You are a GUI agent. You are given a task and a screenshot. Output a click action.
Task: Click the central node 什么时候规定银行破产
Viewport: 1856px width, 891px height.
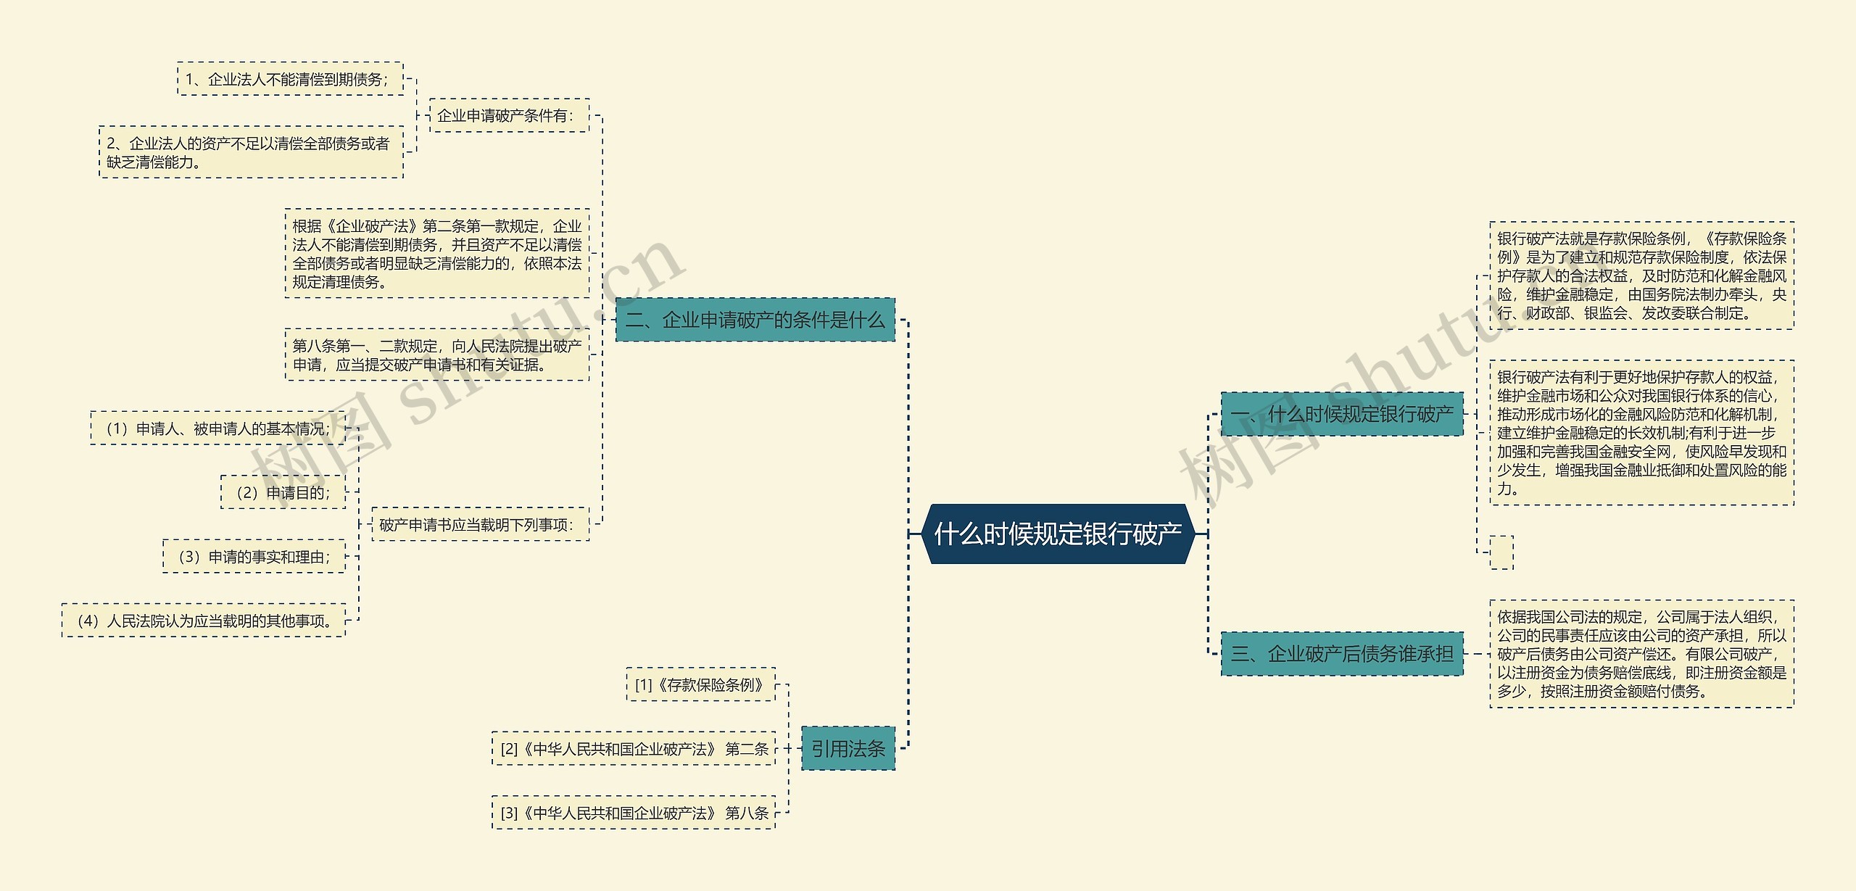tap(1058, 534)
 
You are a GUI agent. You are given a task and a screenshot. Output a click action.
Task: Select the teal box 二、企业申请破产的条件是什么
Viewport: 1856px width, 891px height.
tap(755, 320)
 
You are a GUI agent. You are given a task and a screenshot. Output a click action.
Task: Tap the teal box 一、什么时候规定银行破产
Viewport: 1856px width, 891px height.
tap(1342, 414)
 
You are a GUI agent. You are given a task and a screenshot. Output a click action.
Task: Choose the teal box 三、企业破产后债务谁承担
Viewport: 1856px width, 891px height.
tap(1342, 654)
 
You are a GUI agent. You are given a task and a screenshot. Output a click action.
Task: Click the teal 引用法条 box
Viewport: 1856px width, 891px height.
tap(848, 748)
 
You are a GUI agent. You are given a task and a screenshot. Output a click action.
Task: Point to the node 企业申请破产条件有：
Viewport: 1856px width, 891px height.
tap(509, 115)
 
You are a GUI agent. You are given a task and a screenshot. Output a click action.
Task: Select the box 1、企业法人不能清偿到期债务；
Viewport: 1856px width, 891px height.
tap(290, 79)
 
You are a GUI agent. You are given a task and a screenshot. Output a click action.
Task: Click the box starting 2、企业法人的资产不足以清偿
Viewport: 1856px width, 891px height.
tap(251, 152)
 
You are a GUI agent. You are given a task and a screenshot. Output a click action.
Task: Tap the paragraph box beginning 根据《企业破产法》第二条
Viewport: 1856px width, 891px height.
tap(436, 254)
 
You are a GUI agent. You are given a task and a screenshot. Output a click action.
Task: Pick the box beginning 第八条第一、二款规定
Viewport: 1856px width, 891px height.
tap(436, 355)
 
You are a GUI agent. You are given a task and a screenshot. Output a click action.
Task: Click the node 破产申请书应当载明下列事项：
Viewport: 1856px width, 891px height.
tap(480, 524)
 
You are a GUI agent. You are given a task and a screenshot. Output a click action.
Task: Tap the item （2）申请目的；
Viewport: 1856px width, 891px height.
tap(283, 492)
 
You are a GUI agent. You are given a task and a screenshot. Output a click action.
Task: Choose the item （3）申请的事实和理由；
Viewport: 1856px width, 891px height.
tap(254, 556)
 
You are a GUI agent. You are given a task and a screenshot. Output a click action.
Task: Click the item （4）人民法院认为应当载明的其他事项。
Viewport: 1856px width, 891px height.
tap(204, 620)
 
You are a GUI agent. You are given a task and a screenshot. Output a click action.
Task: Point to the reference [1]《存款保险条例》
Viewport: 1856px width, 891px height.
tap(700, 684)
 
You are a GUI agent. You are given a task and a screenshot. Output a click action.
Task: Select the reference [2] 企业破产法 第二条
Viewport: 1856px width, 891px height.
tap(634, 748)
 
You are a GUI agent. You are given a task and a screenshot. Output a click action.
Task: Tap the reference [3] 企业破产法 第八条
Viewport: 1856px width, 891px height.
tap(634, 812)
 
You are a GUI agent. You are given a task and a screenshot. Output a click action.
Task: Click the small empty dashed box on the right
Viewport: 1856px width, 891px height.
tap(1501, 552)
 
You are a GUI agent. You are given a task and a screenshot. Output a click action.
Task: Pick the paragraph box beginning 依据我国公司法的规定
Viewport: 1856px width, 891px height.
tap(1641, 654)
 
